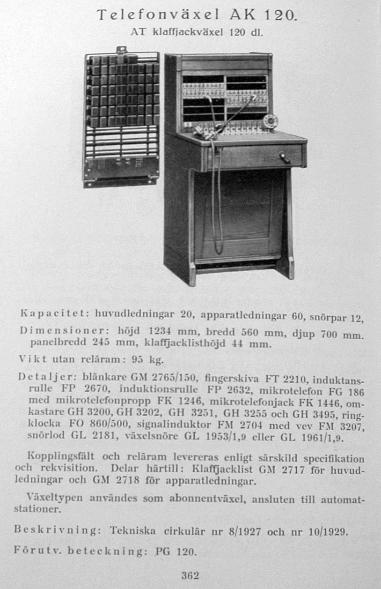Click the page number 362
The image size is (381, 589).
pos(190,576)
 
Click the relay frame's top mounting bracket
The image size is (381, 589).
pos(121,50)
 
